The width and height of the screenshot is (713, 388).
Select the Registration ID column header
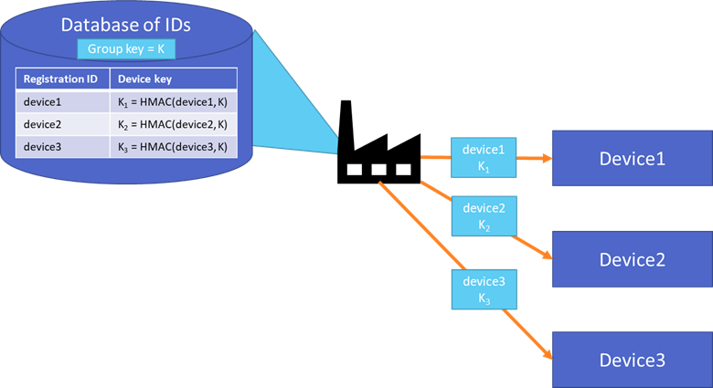[61, 79]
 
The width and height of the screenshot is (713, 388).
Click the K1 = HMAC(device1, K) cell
[173, 101]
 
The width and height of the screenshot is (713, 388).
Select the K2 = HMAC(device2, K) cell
[173, 123]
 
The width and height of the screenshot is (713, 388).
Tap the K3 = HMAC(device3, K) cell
[173, 145]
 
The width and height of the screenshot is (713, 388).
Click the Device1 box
[631, 158]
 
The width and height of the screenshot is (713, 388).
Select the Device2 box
[631, 259]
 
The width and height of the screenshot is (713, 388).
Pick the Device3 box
[631, 360]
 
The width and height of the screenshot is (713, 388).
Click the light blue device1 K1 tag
[484, 157]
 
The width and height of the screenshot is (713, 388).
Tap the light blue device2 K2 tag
[484, 216]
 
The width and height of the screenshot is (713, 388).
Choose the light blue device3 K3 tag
[484, 289]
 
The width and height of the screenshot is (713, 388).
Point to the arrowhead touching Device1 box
[546, 158]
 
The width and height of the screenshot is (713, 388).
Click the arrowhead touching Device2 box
[547, 257]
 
